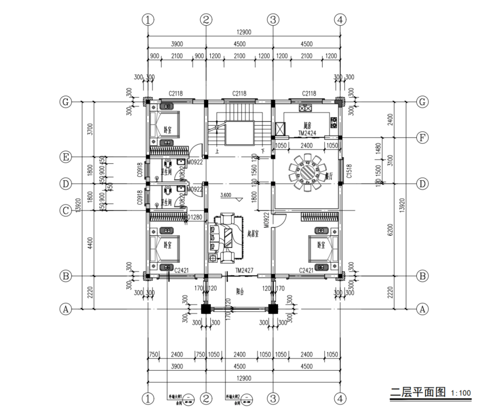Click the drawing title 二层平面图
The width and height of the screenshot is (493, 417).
coord(418,392)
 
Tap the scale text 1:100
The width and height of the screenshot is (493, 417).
coord(461,393)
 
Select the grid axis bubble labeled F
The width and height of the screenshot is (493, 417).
coord(421,138)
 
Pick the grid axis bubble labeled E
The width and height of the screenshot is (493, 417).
coord(65,157)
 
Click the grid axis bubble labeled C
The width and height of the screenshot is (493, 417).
coord(65,211)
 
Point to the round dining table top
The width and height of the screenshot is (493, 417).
coord(306,171)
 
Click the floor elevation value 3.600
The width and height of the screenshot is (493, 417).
coord(226,195)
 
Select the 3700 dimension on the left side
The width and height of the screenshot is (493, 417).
coord(90,129)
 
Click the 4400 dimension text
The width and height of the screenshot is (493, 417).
coord(90,243)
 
